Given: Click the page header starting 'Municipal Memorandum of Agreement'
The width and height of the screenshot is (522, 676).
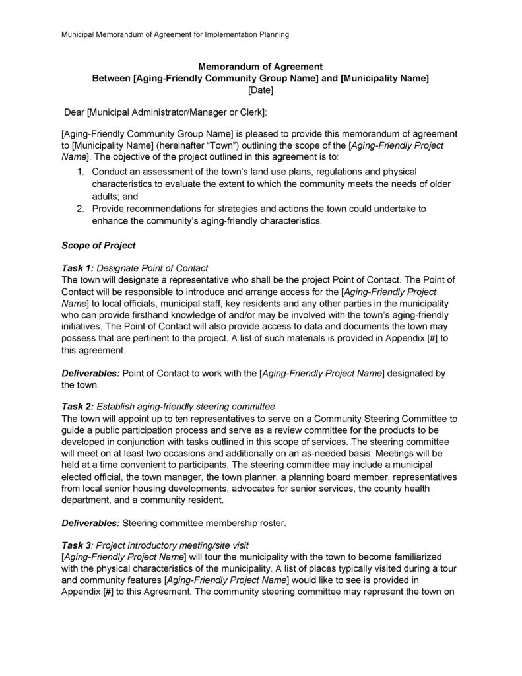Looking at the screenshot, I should (x=175, y=34).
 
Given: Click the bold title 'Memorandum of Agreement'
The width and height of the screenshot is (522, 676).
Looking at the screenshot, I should (x=261, y=66).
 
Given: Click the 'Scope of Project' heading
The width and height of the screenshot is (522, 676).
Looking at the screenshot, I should (x=98, y=245).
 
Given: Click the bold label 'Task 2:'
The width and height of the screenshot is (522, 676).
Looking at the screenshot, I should (x=78, y=405).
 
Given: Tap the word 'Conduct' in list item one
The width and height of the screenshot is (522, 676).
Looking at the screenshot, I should (x=111, y=172).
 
